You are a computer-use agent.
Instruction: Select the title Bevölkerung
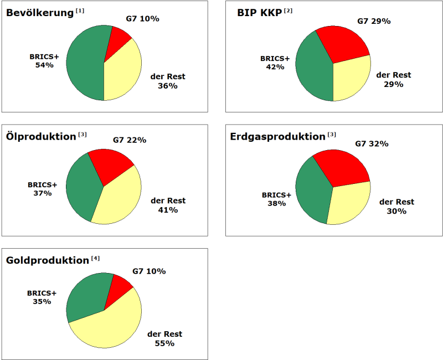click(x=39, y=13)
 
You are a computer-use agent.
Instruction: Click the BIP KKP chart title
click(x=255, y=13)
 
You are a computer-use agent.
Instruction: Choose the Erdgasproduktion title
click(x=277, y=136)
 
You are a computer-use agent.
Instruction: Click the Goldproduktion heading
click(x=47, y=260)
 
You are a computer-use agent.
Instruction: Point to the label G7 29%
click(x=374, y=21)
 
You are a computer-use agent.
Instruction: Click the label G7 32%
click(x=372, y=144)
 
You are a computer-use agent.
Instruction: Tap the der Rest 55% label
click(x=164, y=338)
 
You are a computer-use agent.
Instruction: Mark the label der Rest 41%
click(x=168, y=205)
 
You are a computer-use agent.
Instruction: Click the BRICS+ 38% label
click(x=276, y=199)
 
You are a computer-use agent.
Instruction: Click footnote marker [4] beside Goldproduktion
click(x=95, y=258)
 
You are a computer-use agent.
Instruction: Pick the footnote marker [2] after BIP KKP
click(x=288, y=11)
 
